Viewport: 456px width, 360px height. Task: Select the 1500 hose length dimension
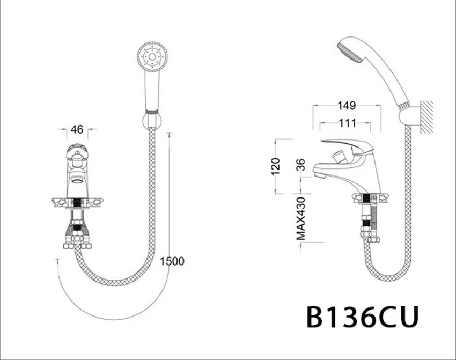172,261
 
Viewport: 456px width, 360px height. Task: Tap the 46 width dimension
77,129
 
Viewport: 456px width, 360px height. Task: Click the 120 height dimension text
276,167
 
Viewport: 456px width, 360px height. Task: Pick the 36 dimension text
301,165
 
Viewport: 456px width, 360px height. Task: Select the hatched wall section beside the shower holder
428,116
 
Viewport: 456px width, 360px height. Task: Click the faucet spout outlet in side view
320,174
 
